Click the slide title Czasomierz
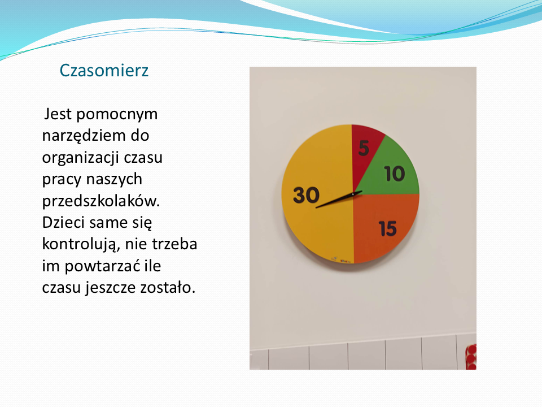(104, 71)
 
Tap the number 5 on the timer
(364, 148)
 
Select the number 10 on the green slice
(395, 174)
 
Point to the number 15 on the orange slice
(387, 228)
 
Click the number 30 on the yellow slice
(306, 195)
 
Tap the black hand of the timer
(339, 200)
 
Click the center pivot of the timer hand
(352, 194)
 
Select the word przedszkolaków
(101, 201)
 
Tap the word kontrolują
(81, 244)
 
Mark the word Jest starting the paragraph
(58, 114)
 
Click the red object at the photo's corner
(471, 357)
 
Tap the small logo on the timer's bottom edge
(341, 259)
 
